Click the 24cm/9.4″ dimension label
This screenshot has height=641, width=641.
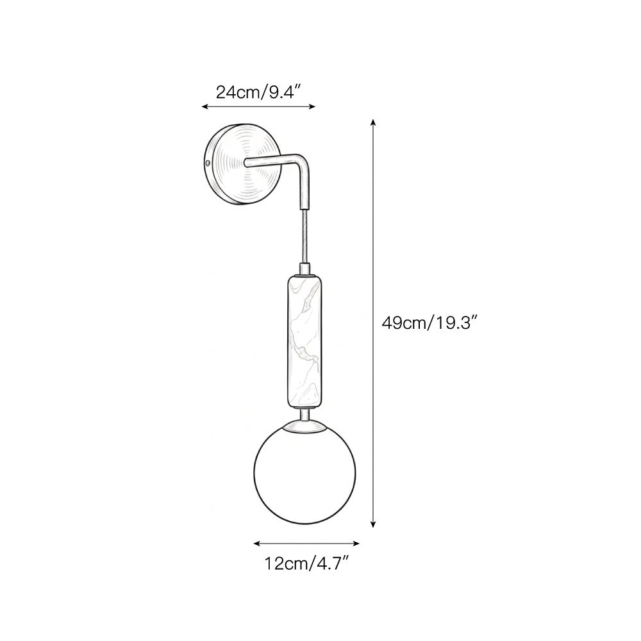point(258,92)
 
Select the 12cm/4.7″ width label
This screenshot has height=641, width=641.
point(306,563)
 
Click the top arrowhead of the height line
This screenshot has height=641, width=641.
point(373,122)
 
